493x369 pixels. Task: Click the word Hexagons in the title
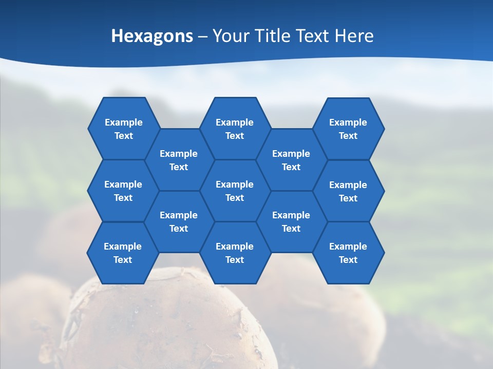[x=152, y=36]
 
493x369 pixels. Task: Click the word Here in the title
[x=354, y=36]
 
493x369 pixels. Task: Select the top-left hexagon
[x=123, y=129]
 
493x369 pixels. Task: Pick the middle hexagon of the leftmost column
[x=123, y=191]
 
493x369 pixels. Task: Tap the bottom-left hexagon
[x=123, y=253]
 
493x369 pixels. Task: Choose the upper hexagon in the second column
[x=179, y=160]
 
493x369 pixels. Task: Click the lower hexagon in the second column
[x=179, y=221]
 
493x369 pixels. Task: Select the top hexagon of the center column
[x=235, y=129]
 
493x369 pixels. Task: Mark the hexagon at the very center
[x=235, y=191]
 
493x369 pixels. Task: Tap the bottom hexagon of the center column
[x=235, y=253]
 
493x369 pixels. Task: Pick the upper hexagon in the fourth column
[x=291, y=160]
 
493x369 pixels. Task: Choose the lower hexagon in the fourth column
[x=291, y=221]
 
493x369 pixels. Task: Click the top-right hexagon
[x=348, y=129]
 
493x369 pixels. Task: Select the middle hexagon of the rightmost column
[x=348, y=191]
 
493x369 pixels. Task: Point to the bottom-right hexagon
[x=348, y=253]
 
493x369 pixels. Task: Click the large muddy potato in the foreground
[x=169, y=323]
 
